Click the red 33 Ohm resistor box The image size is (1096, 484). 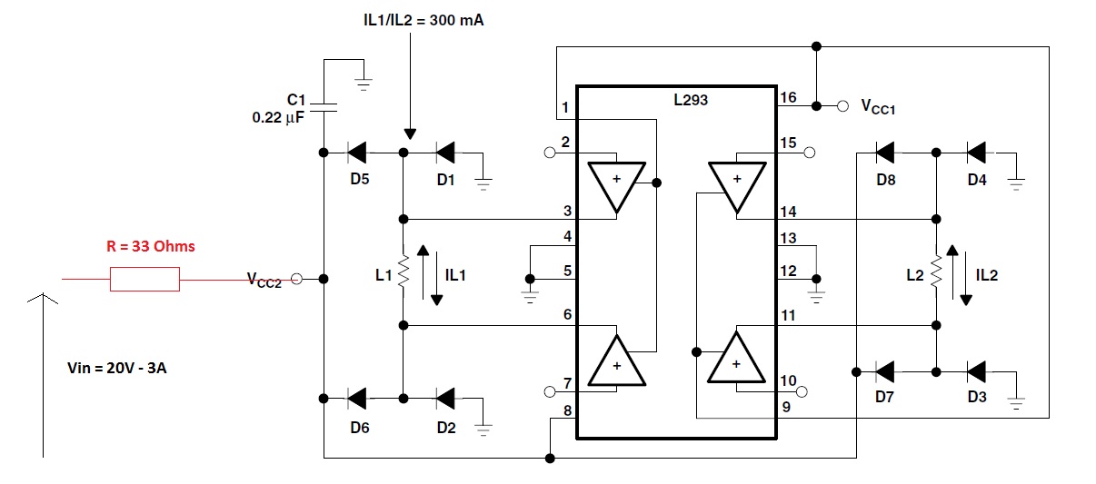[144, 279]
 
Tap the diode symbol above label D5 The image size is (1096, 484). [356, 153]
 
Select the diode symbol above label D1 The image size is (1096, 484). [445, 153]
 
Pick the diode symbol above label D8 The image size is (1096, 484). [884, 153]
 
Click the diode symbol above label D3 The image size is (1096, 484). [976, 372]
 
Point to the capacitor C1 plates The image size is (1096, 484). [324, 107]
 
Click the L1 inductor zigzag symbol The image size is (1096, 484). [404, 272]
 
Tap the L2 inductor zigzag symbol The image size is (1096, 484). [936, 272]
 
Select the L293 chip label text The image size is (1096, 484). [691, 100]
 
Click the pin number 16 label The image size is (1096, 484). [788, 98]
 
